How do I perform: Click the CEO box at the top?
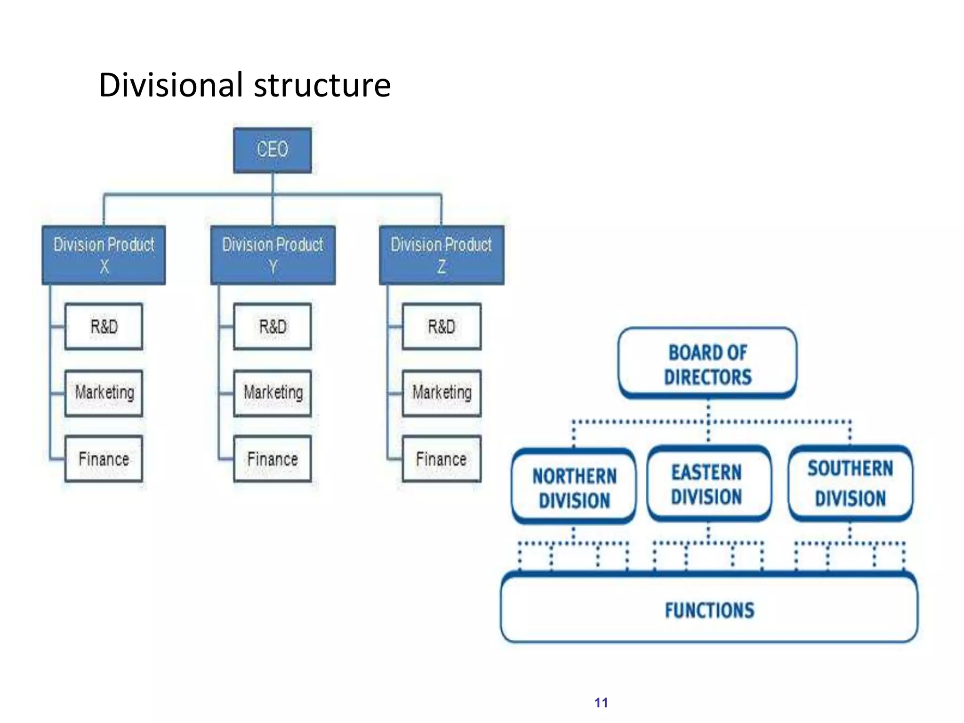272,150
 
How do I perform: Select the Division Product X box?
104,255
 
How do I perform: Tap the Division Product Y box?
273,255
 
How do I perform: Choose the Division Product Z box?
442,255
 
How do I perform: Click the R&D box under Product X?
104,327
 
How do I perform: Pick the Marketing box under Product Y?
273,393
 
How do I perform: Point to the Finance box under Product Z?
442,459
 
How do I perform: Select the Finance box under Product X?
104,459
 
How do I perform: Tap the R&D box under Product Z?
442,327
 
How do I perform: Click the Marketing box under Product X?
104,393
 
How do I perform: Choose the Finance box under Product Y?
273,459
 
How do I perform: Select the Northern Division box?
574,487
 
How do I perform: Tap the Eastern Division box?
707,484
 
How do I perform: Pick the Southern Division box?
850,483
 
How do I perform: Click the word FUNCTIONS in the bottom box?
709,611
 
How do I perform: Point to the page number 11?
601,703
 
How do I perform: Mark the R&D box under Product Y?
273,327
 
